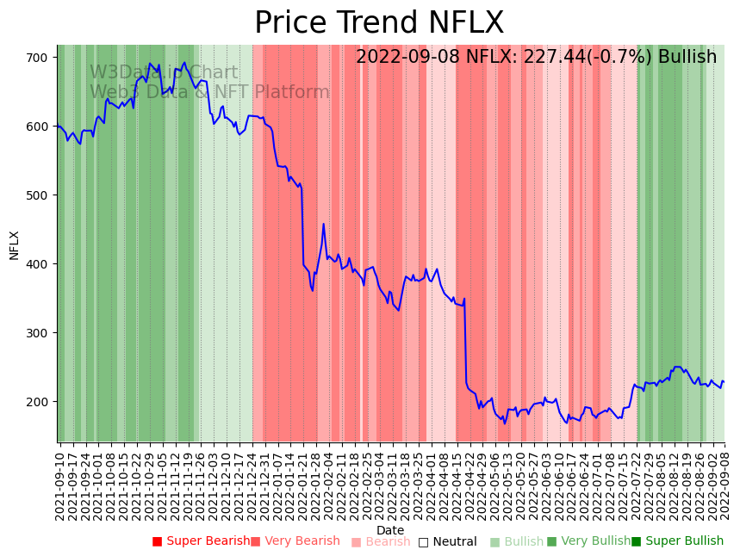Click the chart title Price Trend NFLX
coord(379,23)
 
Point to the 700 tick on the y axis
coord(42,58)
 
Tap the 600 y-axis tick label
coord(42,127)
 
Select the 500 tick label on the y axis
coord(42,195)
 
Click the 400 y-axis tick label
coord(42,264)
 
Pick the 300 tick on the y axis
coord(42,333)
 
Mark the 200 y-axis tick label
coord(42,402)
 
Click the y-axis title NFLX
coord(15,244)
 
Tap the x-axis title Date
coord(390,530)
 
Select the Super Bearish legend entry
coord(202,541)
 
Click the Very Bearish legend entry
coord(295,541)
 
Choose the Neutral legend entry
coord(448,541)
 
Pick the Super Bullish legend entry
coord(678,541)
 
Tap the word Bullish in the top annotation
coord(687,58)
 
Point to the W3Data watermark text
coord(164,73)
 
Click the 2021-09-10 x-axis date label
coord(60,483)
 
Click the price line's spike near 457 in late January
coord(323,225)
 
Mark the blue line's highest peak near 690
coord(183,62)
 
